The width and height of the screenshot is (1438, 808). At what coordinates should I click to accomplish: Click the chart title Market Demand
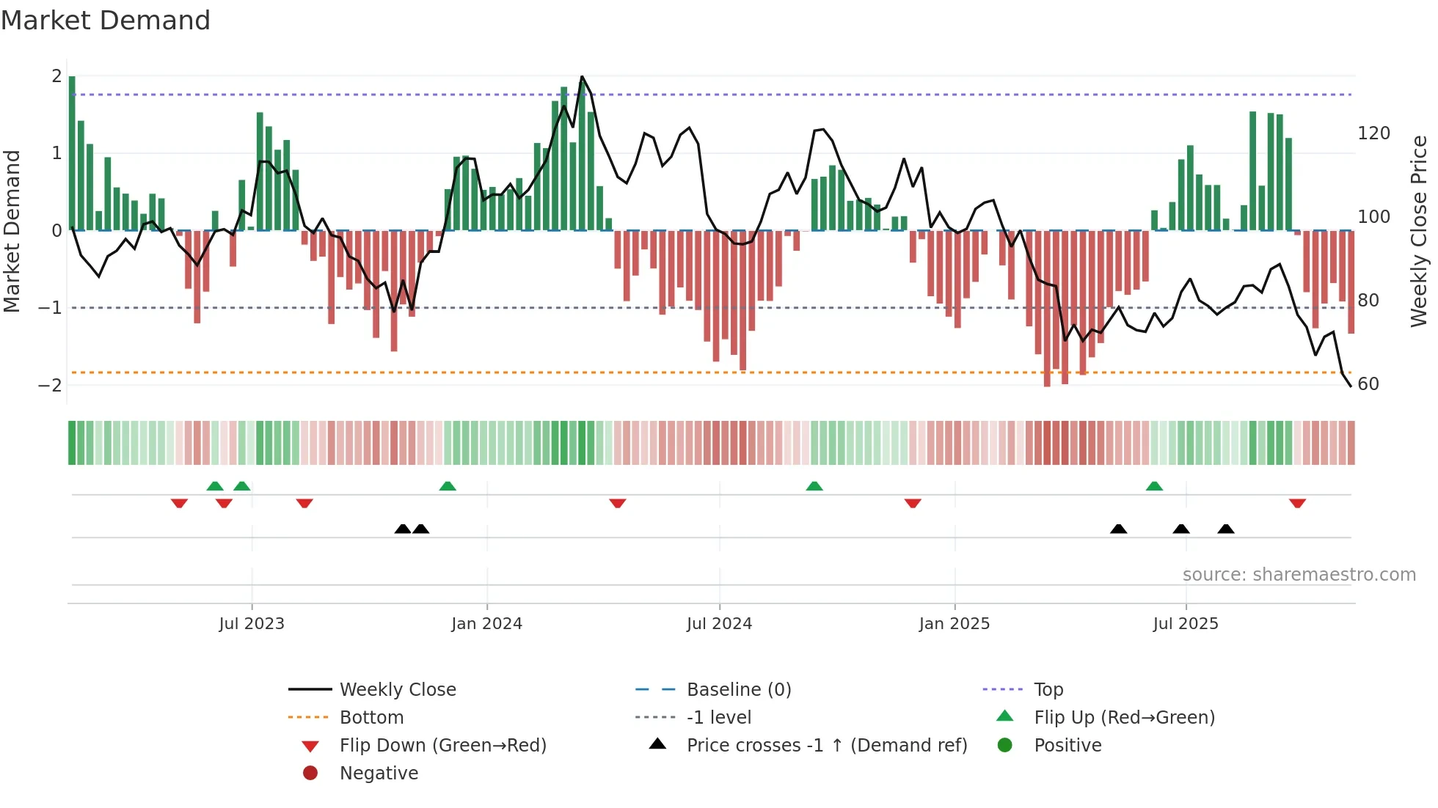coord(106,21)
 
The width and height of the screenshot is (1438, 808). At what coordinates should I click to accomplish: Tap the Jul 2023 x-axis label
coord(252,624)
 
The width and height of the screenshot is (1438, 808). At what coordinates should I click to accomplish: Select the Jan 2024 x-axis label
coord(486,624)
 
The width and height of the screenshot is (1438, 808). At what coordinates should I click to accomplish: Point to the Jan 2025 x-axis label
coord(954,624)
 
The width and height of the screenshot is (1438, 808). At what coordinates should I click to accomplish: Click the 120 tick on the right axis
coord(1373,133)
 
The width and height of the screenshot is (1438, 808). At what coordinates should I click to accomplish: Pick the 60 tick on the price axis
coord(1368,384)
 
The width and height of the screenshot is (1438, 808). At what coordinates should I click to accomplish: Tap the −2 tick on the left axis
coord(50,386)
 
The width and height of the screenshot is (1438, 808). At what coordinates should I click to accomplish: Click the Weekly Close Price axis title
coord(1419,231)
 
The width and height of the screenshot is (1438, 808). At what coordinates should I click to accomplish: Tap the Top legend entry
coord(1048,690)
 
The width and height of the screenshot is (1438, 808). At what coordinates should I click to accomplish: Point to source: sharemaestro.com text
coord(1299,575)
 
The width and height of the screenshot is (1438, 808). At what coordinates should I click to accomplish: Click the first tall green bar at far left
coord(72,154)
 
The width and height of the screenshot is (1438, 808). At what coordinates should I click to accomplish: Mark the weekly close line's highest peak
coord(582,77)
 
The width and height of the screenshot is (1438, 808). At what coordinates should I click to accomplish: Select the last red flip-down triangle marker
coord(1297,503)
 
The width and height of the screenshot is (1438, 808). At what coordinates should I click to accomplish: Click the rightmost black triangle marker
coord(1226,529)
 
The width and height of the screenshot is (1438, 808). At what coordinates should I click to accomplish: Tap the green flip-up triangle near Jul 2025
coord(1154,486)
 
